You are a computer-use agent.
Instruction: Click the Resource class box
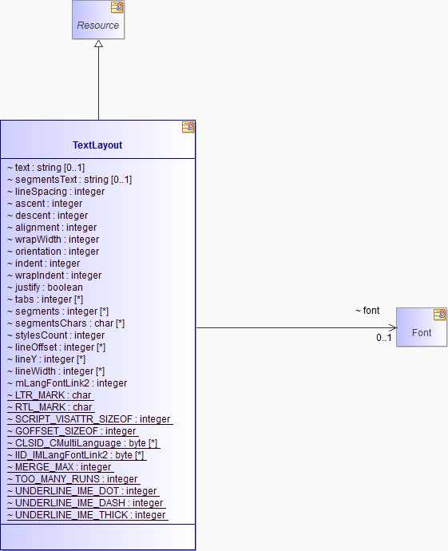coord(98,20)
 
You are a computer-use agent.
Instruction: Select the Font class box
coord(422,327)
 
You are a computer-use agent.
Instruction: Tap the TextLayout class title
coord(97,145)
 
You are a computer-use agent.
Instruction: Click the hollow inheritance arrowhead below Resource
coord(99,44)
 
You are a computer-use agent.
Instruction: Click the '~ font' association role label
coord(367,311)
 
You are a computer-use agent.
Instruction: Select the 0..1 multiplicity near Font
coord(383,338)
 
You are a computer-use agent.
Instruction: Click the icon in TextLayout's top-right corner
coord(188,127)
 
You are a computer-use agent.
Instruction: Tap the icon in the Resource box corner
coord(117,7)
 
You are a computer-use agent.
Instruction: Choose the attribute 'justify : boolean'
coord(45,287)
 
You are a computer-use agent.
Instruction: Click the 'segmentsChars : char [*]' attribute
coord(65,323)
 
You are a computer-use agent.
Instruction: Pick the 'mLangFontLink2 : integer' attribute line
coord(67,383)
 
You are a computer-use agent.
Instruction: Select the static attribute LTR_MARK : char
coord(50,395)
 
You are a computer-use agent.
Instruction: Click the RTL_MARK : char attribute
coord(50,407)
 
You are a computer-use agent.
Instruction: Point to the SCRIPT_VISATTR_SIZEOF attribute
coord(89,419)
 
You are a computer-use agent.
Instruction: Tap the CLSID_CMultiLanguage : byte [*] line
coord(82,443)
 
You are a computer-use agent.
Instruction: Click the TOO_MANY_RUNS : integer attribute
coord(73,479)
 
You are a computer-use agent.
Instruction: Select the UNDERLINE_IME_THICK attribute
coord(86,515)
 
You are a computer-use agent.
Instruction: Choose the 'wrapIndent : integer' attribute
coord(54,275)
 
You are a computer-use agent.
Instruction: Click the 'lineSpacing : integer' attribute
coord(56,192)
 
